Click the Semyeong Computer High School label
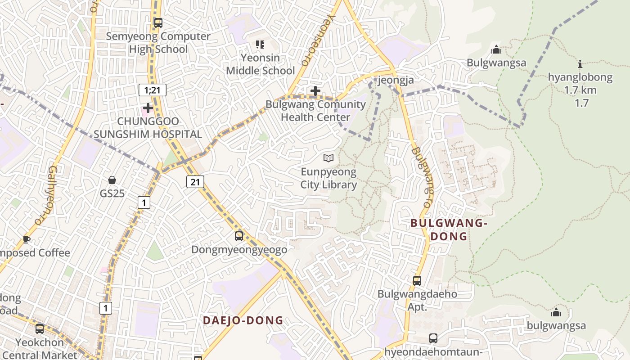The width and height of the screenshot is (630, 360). [x=158, y=43]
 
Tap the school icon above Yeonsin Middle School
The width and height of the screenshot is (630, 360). [x=260, y=44]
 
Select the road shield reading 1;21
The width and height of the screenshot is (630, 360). [x=152, y=90]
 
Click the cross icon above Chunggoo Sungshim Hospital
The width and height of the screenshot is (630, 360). [x=148, y=108]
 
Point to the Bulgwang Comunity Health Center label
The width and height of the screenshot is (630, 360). [x=315, y=111]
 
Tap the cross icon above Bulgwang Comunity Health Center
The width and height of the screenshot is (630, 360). [x=315, y=91]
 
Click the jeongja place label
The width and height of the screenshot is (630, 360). [x=395, y=80]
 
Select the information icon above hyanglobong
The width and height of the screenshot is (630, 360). [x=580, y=64]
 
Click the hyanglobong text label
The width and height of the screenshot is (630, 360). [x=580, y=77]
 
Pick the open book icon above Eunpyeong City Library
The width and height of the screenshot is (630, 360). [x=329, y=158]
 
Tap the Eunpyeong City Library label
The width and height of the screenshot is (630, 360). [x=328, y=178]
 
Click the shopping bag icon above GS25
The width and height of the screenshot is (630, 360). [x=112, y=180]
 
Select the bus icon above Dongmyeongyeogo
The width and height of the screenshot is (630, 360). [x=239, y=236]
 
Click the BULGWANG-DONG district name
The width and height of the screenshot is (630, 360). [x=449, y=229]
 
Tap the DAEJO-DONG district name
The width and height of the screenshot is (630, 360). [x=243, y=320]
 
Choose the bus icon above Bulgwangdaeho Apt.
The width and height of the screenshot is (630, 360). [x=417, y=281]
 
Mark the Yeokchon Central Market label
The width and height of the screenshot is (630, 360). [x=40, y=349]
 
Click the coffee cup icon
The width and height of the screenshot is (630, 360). [x=27, y=239]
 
